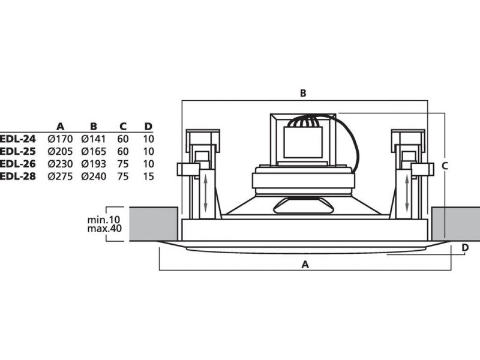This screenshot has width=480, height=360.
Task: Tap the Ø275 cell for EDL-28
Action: [x=60, y=176]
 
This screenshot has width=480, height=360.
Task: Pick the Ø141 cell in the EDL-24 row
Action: [x=94, y=139]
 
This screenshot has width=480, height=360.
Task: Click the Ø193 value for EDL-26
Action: [x=94, y=164]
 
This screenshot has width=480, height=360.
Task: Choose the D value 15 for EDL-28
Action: [x=149, y=176]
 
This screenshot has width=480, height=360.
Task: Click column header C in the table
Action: [x=123, y=126]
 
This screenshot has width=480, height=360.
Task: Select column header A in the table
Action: [x=60, y=126]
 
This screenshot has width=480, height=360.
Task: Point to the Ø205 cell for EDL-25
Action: [x=60, y=151]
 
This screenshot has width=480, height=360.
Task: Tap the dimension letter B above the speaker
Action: [x=304, y=93]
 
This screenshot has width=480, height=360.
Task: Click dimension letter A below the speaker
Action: [x=304, y=264]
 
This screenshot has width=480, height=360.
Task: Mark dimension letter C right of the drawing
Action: [x=445, y=165]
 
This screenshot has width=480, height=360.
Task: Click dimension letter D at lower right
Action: [x=464, y=247]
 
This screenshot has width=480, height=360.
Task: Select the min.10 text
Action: [x=104, y=220]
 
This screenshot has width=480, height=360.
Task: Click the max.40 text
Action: [x=104, y=230]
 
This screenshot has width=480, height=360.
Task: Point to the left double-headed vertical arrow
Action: [x=205, y=191]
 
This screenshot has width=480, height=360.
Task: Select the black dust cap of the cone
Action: [x=303, y=205]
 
